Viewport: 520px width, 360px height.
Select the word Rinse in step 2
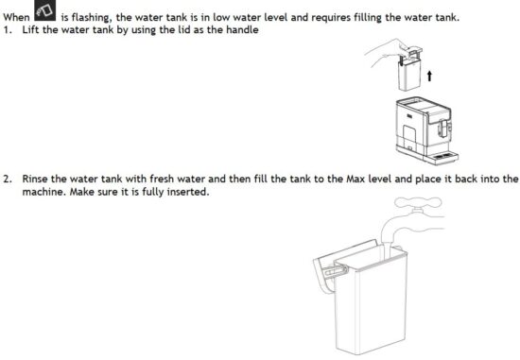pos(34,179)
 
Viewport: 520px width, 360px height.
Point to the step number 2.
pos(7,179)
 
